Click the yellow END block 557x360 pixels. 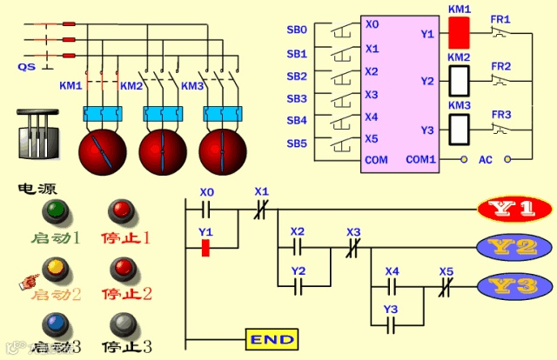coord(272,338)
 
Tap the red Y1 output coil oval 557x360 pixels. coord(514,210)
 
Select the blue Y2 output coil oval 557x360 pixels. coord(514,247)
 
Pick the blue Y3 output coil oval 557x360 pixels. coord(514,284)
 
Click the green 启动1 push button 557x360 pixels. coord(57,210)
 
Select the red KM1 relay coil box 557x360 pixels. coord(459,32)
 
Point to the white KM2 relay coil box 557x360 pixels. coord(459,81)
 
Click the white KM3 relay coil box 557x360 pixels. coord(459,129)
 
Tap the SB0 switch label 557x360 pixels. coord(297,30)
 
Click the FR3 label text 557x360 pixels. coord(501,114)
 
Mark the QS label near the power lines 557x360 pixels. coord(26,66)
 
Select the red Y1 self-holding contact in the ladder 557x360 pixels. coord(205,248)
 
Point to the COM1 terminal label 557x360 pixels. coord(422,160)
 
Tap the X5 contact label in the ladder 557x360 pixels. coord(446,270)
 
